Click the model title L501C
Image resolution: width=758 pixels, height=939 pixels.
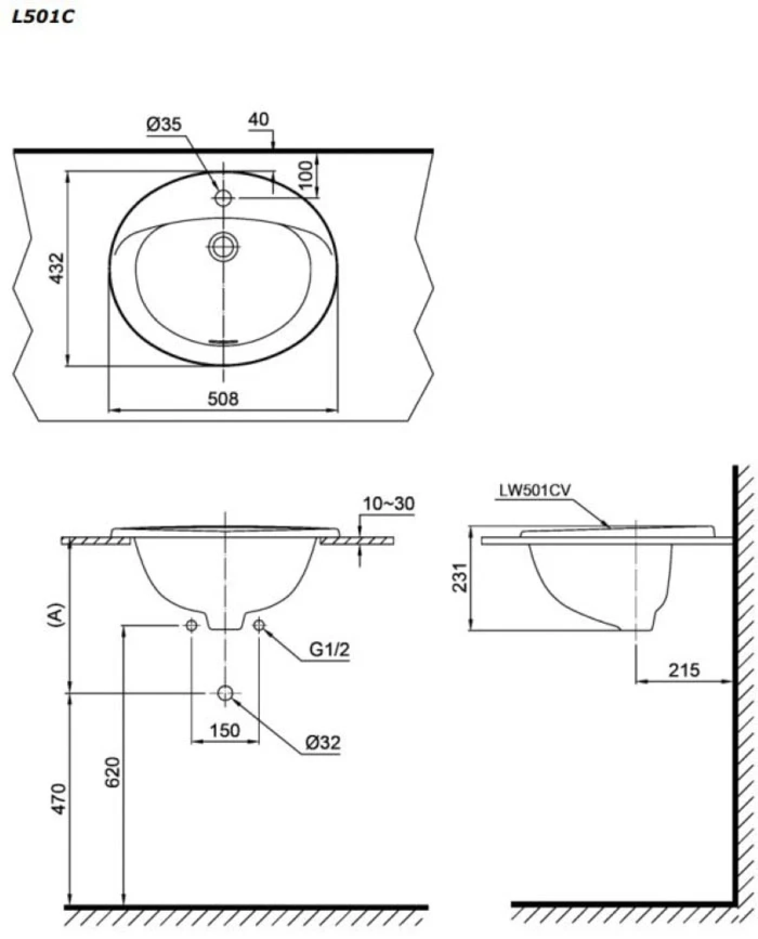point(42,17)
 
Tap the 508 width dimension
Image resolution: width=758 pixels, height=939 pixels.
point(223,399)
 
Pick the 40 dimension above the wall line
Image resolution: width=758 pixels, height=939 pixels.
point(259,119)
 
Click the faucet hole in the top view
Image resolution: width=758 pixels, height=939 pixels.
point(223,198)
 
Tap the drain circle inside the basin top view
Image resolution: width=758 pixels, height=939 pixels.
point(223,247)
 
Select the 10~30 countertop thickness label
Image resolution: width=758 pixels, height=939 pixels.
point(389,504)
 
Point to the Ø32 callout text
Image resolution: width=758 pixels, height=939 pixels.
point(323,742)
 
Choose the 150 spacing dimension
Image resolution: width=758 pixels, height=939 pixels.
point(225,731)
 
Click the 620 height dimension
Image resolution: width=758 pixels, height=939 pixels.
point(112,773)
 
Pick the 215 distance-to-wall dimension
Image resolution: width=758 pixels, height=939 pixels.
point(684,670)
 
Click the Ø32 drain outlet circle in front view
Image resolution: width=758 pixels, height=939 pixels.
point(225,693)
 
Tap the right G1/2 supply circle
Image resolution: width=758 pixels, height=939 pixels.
point(259,625)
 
